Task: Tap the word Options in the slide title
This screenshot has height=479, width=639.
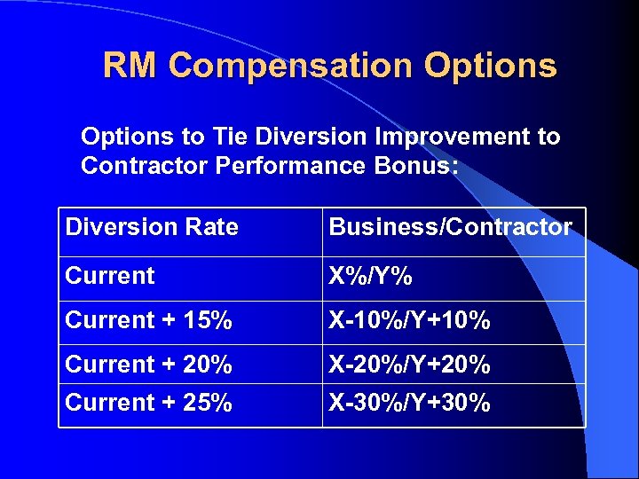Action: [x=491, y=67]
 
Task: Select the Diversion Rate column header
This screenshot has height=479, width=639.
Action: [x=152, y=228]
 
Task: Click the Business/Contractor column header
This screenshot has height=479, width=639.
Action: [x=451, y=228]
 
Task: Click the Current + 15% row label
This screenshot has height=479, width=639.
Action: [x=149, y=321]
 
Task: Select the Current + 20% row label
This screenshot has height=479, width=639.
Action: [x=149, y=365]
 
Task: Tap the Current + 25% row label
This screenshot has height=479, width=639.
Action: [x=149, y=404]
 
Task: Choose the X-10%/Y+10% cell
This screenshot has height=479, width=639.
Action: [x=410, y=321]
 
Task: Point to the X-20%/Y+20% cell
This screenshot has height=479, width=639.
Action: [x=410, y=365]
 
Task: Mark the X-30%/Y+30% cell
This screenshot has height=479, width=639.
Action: [x=410, y=404]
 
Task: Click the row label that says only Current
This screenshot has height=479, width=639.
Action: [x=110, y=276]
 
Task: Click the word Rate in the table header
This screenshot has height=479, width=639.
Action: [x=212, y=228]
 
